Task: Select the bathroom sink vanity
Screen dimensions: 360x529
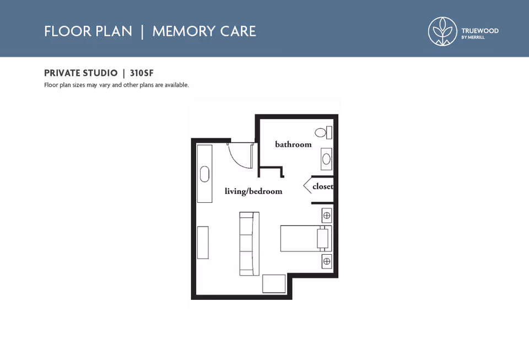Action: click(x=326, y=159)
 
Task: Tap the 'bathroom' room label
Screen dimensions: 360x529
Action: click(x=293, y=144)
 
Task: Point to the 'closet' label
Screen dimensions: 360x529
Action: click(x=322, y=186)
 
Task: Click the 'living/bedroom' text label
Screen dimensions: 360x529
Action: click(x=253, y=191)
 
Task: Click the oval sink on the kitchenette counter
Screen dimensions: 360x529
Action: click(x=205, y=174)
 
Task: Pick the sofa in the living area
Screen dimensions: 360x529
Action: click(x=249, y=244)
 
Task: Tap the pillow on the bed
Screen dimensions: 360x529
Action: click(x=322, y=239)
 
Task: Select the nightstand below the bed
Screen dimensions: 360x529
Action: click(x=327, y=261)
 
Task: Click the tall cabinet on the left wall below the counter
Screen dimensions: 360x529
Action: click(x=203, y=242)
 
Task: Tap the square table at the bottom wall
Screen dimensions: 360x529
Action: click(x=274, y=283)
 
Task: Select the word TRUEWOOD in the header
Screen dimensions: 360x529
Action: click(x=479, y=31)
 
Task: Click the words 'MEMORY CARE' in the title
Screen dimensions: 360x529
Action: click(x=204, y=31)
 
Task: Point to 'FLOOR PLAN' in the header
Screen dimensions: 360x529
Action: click(x=88, y=31)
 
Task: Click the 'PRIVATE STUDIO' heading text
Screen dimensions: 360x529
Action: click(x=80, y=73)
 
